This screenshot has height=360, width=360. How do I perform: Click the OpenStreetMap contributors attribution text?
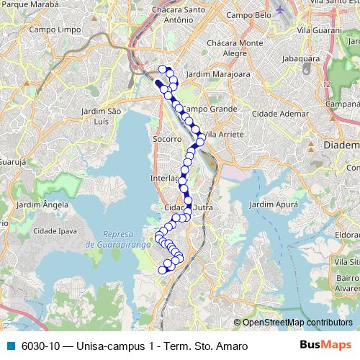[297, 323]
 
